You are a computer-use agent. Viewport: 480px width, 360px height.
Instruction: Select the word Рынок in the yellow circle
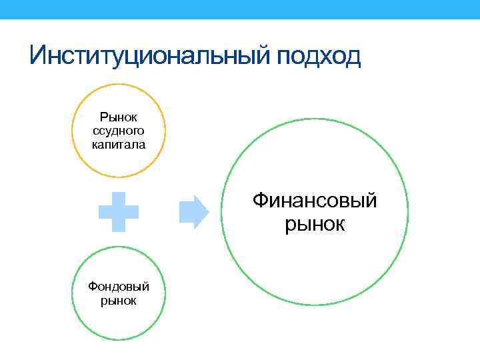(x=119, y=117)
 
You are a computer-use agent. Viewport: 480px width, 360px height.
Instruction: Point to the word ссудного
(x=119, y=131)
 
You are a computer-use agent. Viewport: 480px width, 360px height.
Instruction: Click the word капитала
(x=119, y=144)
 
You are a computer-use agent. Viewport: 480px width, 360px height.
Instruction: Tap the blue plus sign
(x=119, y=212)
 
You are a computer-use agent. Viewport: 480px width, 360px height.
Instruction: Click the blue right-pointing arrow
(x=194, y=212)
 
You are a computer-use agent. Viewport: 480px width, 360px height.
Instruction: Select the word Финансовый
(x=315, y=200)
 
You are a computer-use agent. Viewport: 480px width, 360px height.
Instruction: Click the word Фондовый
(x=119, y=287)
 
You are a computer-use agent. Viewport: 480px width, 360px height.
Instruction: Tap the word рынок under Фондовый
(x=119, y=301)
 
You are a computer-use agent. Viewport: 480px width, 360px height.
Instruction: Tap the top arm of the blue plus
(x=119, y=199)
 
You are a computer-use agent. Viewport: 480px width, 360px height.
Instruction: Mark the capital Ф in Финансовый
(x=260, y=200)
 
